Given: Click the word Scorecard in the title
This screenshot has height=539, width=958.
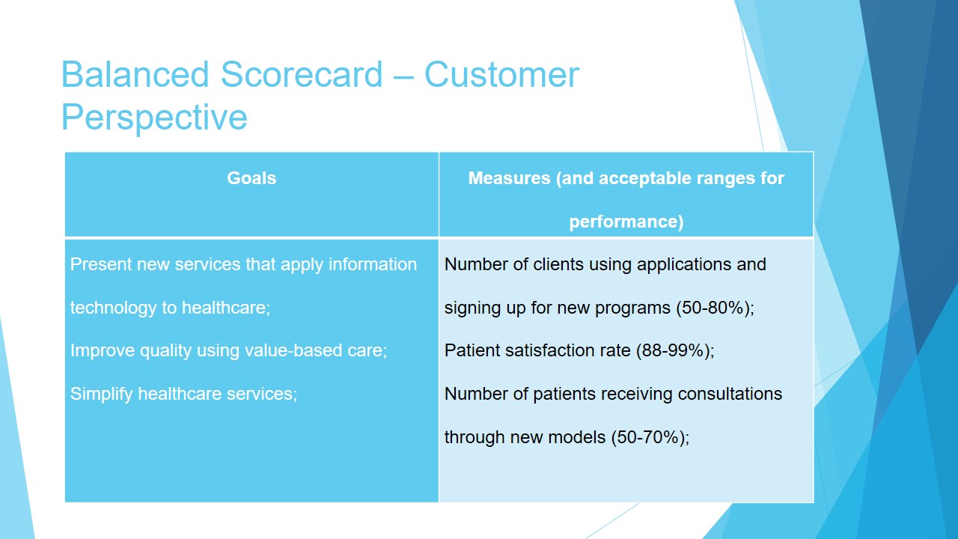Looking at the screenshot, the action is point(301,74).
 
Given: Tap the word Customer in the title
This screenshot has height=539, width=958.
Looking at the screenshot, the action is point(501,74).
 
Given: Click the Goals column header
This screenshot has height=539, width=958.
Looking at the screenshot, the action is point(251,178).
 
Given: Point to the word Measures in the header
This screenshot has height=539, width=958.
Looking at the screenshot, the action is point(509,178).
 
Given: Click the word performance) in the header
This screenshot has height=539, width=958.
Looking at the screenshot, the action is point(626,222).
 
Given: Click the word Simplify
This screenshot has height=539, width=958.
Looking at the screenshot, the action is point(101,394).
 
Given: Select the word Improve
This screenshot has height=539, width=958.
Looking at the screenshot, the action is point(103,351).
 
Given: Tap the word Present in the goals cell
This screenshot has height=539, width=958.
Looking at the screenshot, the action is point(100,264).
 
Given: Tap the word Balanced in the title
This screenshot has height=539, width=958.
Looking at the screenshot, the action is point(135,74).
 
